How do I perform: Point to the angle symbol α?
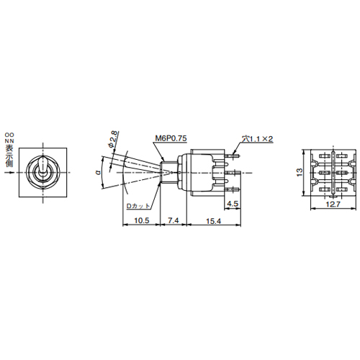96,173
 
